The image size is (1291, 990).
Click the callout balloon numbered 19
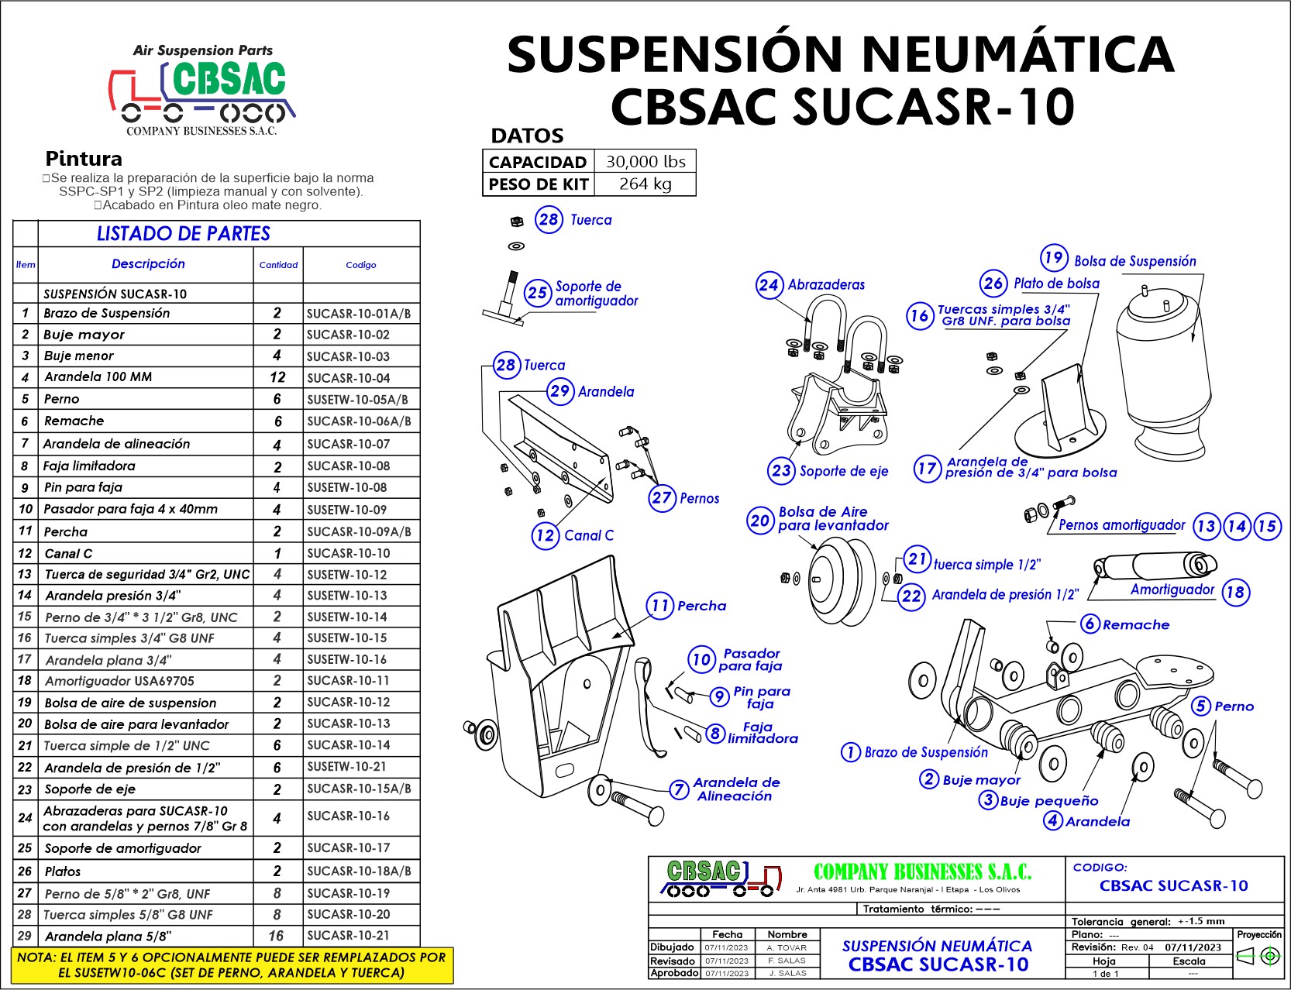pos(1054,258)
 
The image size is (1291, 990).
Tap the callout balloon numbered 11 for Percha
pos(660,606)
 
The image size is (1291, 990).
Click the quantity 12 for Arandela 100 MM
pos(277,377)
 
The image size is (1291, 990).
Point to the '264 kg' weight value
pos(645,184)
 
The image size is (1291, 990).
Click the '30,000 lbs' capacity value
pos(645,162)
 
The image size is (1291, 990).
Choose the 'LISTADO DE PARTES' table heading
pos(184,234)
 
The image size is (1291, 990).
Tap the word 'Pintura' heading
pos(84,159)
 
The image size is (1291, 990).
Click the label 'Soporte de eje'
pos(843,471)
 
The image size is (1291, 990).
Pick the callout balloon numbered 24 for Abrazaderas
pos(769,285)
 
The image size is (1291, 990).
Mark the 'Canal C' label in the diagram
pos(588,535)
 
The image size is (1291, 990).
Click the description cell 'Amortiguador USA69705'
pos(119,681)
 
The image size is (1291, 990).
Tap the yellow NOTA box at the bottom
pos(232,965)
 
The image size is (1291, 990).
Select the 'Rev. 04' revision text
pos(1137,947)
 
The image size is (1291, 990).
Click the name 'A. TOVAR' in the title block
pos(787,947)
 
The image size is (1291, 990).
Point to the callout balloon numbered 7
pos(679,789)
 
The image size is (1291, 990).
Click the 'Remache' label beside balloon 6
pos(1135,624)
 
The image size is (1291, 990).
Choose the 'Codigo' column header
pos(361,265)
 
